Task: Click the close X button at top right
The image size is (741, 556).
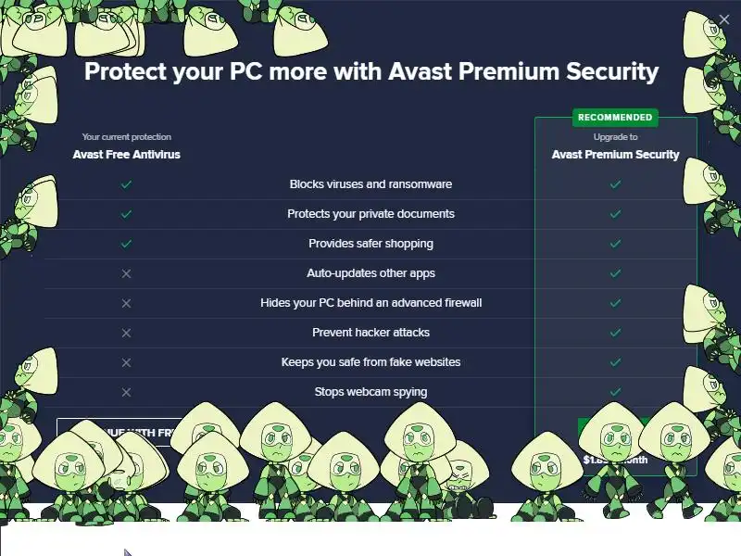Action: pyautogui.click(x=724, y=19)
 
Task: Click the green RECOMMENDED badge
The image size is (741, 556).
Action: pyautogui.click(x=615, y=118)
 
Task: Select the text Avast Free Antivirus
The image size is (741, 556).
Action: pyautogui.click(x=127, y=155)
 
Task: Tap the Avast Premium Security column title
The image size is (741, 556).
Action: pyautogui.click(x=615, y=155)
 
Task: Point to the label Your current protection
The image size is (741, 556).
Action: pyautogui.click(x=127, y=137)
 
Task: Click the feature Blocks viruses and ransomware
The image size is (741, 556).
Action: pyautogui.click(x=370, y=184)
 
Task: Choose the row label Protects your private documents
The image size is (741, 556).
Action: pyautogui.click(x=370, y=214)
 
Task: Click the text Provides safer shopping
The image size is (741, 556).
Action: pyautogui.click(x=370, y=244)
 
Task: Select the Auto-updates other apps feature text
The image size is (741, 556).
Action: pyautogui.click(x=370, y=273)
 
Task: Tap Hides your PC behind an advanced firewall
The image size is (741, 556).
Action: pyautogui.click(x=370, y=303)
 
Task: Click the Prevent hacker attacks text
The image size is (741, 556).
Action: pyautogui.click(x=370, y=333)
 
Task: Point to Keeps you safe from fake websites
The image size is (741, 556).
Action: pyautogui.click(x=370, y=362)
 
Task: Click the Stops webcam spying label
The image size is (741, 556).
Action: pyautogui.click(x=370, y=392)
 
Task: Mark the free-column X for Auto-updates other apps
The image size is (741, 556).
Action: pyautogui.click(x=127, y=273)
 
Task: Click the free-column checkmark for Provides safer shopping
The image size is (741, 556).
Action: pyautogui.click(x=127, y=244)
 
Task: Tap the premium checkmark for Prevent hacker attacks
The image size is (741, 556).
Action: pyautogui.click(x=615, y=333)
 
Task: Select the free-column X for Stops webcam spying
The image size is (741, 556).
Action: pyautogui.click(x=127, y=392)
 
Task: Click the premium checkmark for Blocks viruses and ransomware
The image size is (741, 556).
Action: pyautogui.click(x=615, y=184)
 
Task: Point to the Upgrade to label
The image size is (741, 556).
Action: pyautogui.click(x=615, y=137)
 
